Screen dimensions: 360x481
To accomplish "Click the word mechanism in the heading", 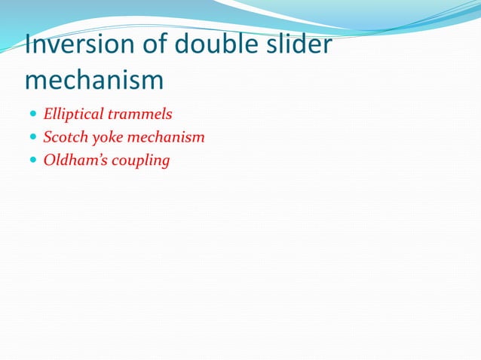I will (x=93, y=80).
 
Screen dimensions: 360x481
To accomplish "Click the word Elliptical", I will (x=74, y=115).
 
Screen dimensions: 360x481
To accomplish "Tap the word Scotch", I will (x=63, y=138).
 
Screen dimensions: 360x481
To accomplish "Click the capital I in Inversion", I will (x=28, y=45).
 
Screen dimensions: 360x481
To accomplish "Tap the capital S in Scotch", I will (x=47, y=138).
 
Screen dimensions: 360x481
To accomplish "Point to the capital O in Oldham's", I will (x=49, y=160).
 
